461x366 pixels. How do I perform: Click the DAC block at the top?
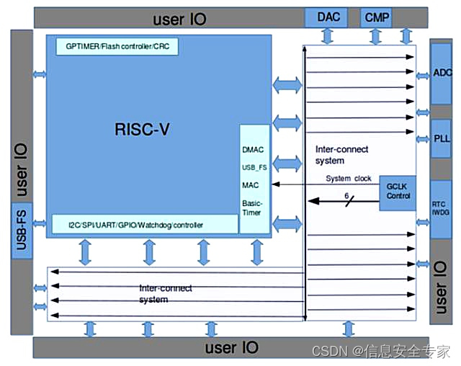[x=328, y=17]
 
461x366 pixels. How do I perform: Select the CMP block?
[x=375, y=17]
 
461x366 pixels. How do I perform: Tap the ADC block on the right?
[x=442, y=73]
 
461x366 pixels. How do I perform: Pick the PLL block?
[x=442, y=138]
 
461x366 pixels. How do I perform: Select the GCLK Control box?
[x=398, y=191]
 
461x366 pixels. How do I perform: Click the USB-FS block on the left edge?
[x=21, y=230]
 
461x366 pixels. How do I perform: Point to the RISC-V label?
[x=146, y=130]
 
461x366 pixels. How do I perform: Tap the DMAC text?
[x=254, y=149]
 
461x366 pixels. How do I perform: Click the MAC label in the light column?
[x=251, y=185]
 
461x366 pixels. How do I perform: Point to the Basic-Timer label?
[x=254, y=208]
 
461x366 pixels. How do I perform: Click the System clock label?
[x=349, y=179]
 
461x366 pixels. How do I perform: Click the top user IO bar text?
[x=179, y=18]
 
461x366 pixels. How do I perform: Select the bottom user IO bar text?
[x=231, y=348]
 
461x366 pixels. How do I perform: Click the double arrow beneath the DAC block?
[x=328, y=35]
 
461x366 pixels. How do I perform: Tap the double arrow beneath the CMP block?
[x=375, y=35]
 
